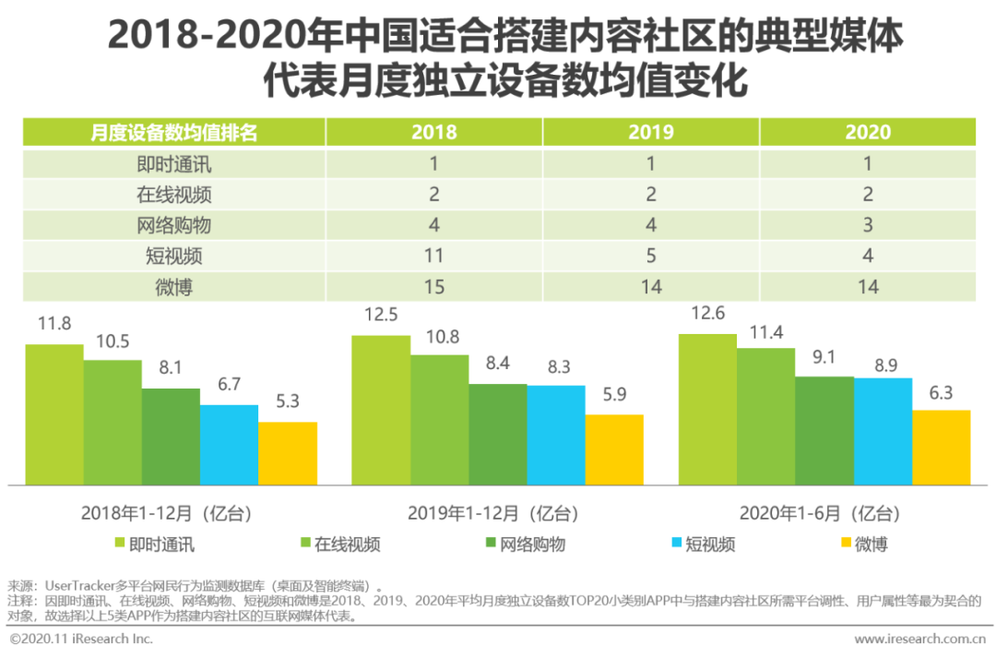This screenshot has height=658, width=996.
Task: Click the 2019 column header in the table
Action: tap(651, 132)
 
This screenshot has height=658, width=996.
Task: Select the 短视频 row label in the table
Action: tap(174, 256)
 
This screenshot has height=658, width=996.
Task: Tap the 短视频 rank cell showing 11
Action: tap(433, 256)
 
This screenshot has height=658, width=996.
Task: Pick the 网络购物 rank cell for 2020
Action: tap(868, 225)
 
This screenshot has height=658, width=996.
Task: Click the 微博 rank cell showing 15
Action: tap(433, 287)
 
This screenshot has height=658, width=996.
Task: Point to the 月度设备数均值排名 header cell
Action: tap(174, 132)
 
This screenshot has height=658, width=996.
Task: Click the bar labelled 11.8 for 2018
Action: tap(54, 414)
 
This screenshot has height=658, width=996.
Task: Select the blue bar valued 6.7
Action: tap(229, 445)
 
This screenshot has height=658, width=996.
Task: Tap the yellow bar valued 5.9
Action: tap(614, 449)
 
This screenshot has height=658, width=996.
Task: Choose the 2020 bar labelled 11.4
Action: tap(765, 416)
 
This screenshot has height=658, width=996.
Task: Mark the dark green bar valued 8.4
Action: tap(498, 434)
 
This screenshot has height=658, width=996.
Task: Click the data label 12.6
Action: tap(707, 314)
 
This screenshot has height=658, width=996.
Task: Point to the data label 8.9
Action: tap(883, 365)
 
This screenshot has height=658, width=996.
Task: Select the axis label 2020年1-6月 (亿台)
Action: tap(819, 513)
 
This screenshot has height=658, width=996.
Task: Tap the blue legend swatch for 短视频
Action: tap(675, 543)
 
